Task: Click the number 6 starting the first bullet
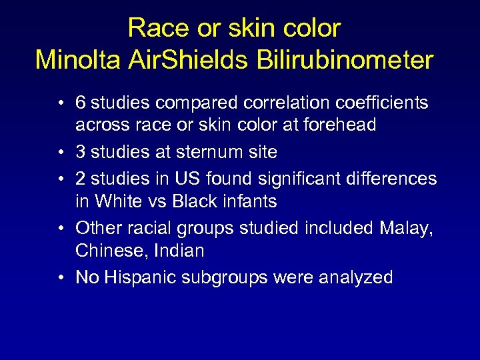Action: (80, 103)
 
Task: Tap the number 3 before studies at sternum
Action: (80, 152)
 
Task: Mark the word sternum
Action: (205, 152)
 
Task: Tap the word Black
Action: (194, 201)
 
